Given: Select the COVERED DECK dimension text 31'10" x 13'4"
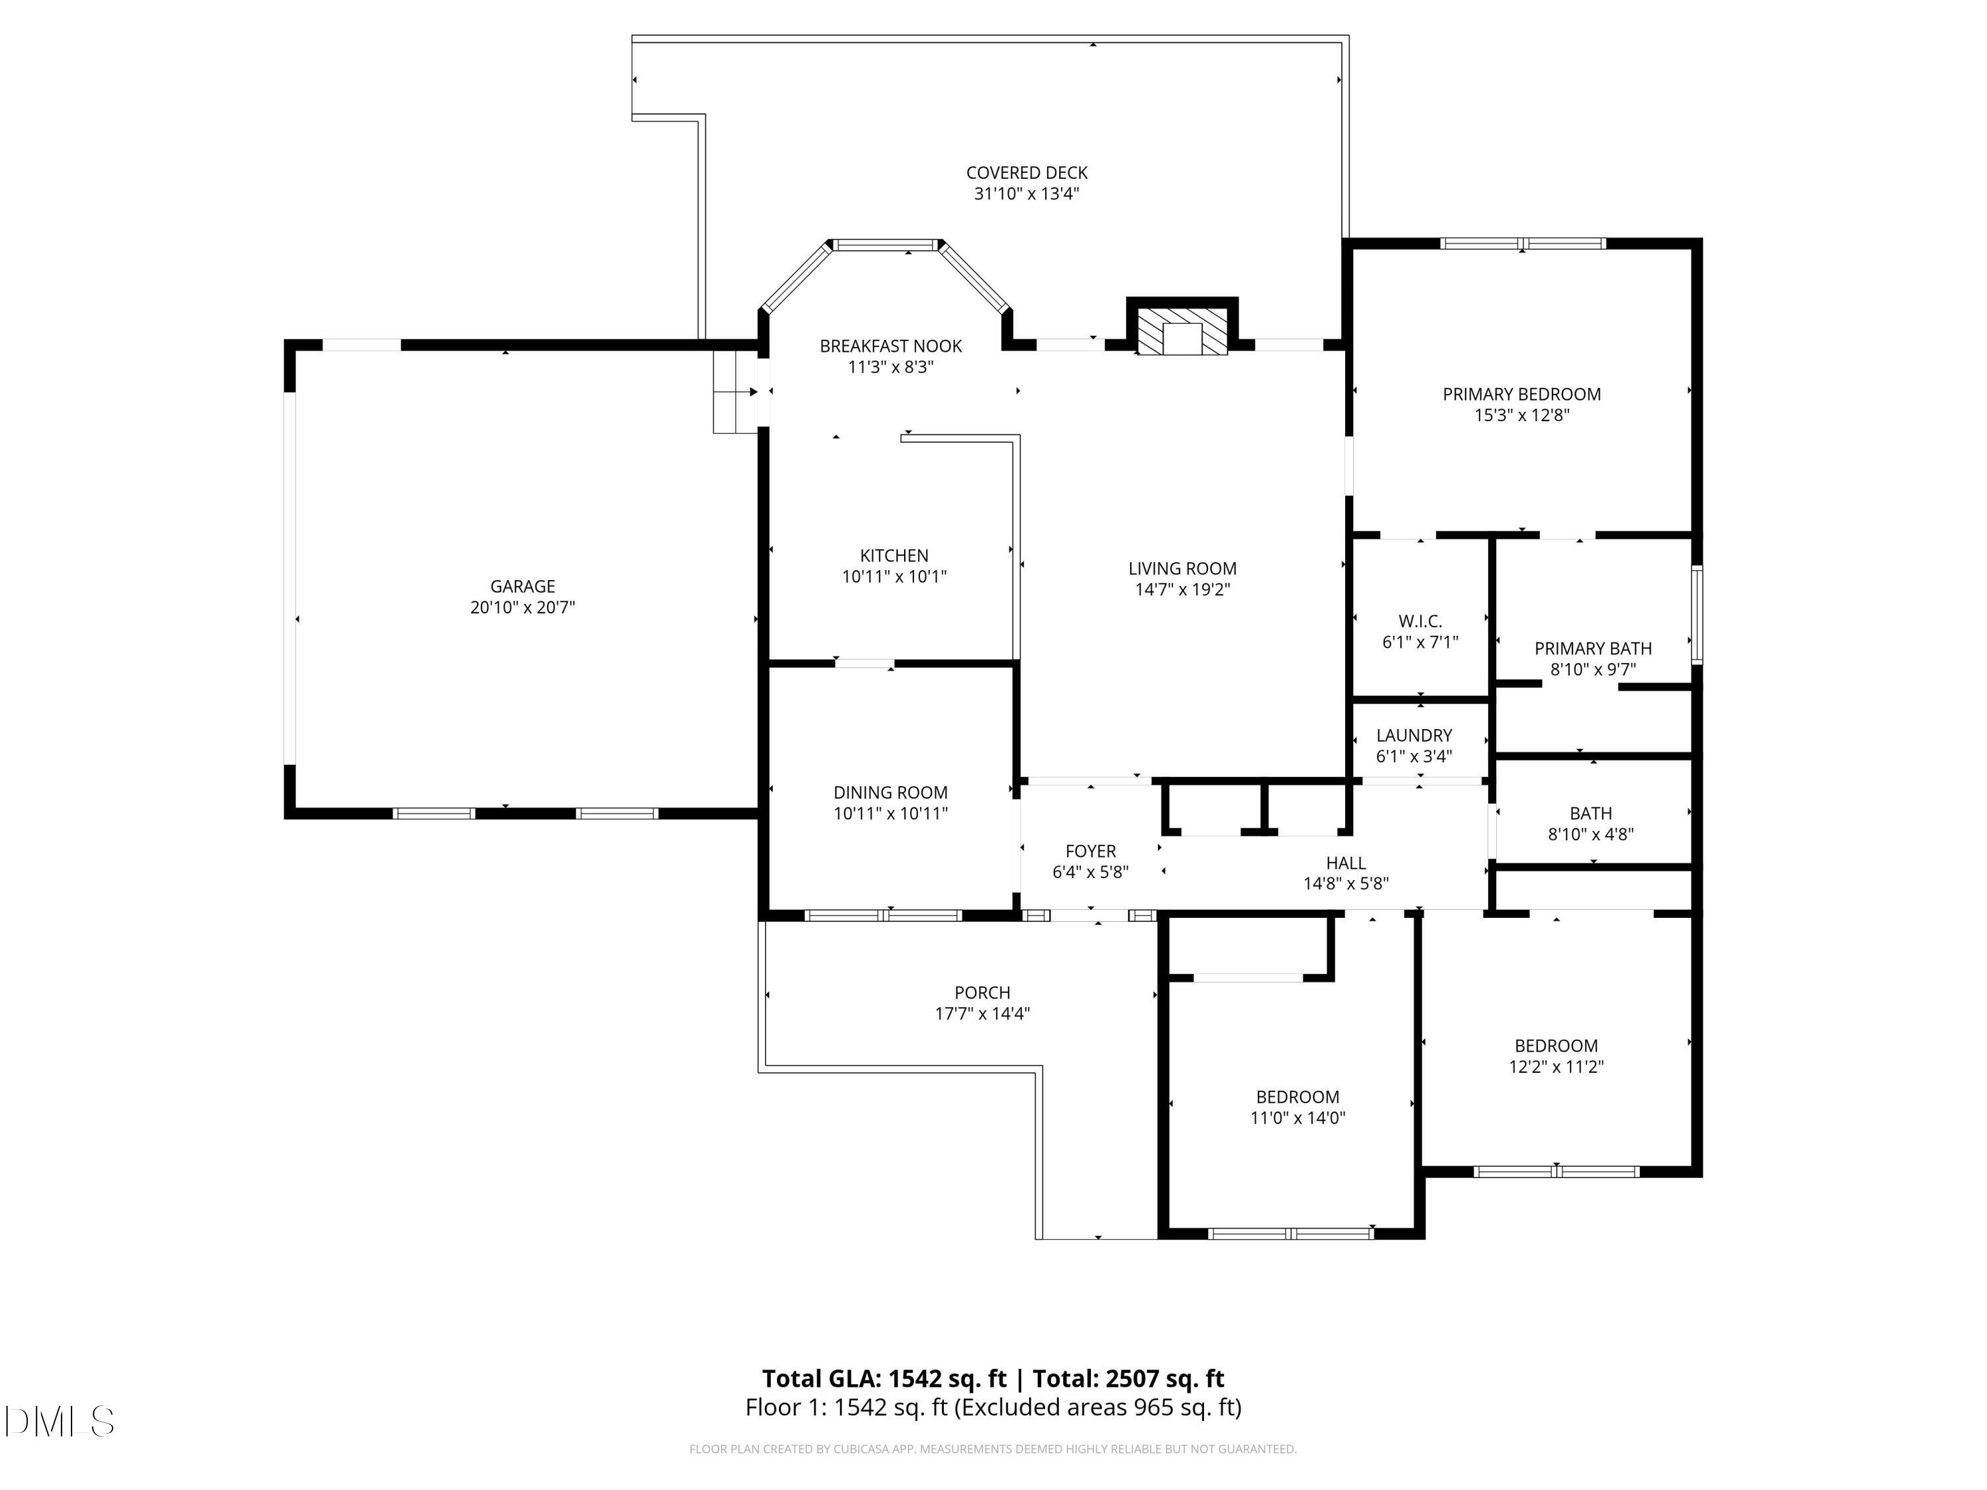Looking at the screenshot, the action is (x=1027, y=194).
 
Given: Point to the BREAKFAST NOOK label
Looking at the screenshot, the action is (x=890, y=346).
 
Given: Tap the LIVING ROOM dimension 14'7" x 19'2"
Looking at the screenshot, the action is (x=1182, y=590).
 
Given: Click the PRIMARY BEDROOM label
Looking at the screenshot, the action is (x=1521, y=394).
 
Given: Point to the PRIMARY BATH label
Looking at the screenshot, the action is (x=1593, y=648).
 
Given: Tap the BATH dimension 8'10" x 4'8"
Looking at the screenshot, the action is (x=1590, y=834).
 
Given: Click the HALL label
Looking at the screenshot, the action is (x=1346, y=863).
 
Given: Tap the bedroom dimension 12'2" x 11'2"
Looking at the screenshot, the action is (x=1556, y=1067).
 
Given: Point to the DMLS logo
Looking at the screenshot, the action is (x=60, y=1421).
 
